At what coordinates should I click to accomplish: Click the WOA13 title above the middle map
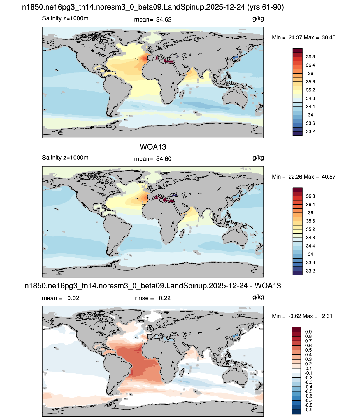coord(153,147)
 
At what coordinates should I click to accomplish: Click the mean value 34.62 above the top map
coord(164,20)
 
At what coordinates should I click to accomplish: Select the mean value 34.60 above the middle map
coord(164,159)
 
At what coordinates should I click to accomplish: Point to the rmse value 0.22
coord(165,298)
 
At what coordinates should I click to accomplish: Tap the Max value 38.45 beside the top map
coord(328,37)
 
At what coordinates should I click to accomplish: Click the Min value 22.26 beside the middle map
coord(295,177)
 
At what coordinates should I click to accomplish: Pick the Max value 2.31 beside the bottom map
coord(327,316)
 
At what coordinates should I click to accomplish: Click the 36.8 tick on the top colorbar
coord(310,57)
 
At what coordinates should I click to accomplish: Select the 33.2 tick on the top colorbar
coord(310,132)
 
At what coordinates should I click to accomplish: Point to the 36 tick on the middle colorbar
coord(310,213)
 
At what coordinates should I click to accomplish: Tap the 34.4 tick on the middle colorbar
coord(310,246)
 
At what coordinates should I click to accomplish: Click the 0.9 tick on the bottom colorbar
coord(308,332)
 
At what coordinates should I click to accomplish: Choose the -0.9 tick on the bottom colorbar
coord(308,410)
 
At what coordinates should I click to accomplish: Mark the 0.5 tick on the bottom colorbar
coord(308,350)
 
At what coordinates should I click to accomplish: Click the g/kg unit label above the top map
coord(258,19)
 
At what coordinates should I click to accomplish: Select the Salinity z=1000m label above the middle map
coord(65,158)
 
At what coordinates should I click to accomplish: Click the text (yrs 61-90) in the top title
coord(265,7)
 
